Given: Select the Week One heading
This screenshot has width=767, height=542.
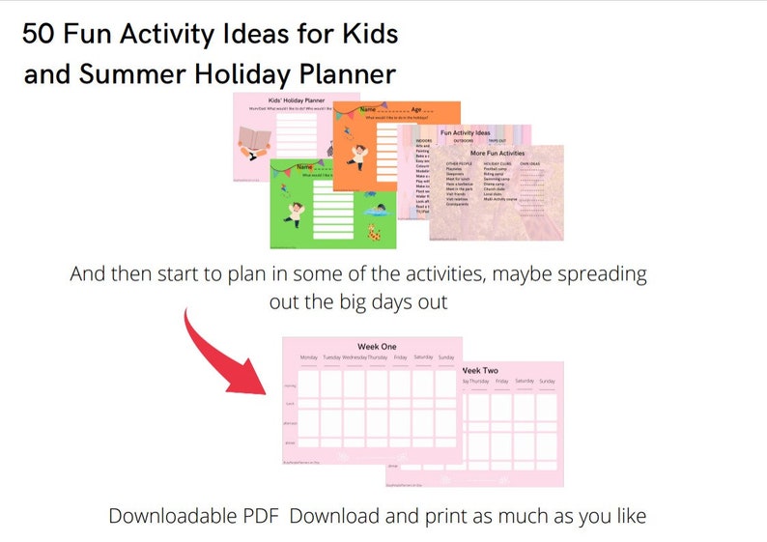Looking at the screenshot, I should (x=377, y=346).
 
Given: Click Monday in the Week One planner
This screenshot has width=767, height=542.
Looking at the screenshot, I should (x=309, y=357).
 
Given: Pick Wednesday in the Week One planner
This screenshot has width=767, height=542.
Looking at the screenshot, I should (x=355, y=357).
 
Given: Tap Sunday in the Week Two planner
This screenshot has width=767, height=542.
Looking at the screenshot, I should (x=547, y=381).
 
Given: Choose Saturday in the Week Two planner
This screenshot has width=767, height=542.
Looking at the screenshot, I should (x=524, y=381).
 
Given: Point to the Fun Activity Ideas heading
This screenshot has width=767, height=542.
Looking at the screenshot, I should (x=465, y=132).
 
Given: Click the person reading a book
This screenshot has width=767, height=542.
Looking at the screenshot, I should (x=256, y=142).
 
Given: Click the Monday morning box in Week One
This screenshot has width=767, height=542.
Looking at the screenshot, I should (x=309, y=385).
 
